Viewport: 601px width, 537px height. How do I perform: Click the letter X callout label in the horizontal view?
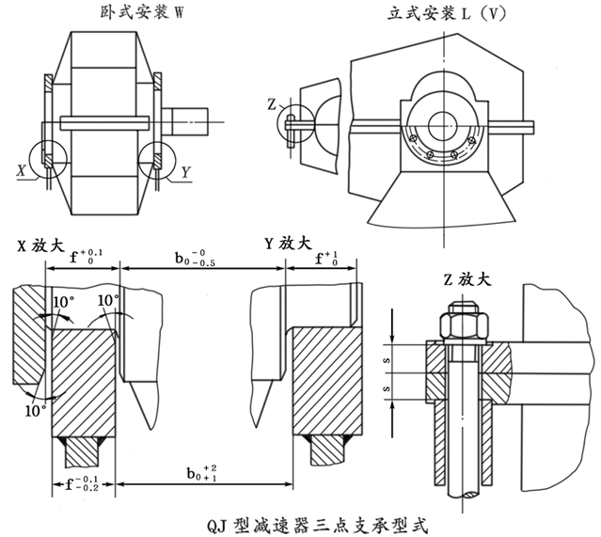pyautogui.click(x=21, y=171)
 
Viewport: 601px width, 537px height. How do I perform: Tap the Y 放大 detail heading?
pyautogui.click(x=290, y=244)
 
